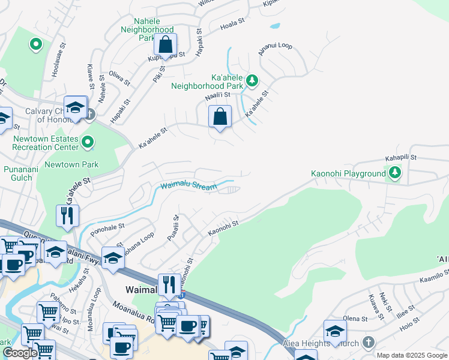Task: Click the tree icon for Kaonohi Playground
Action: (x=394, y=173)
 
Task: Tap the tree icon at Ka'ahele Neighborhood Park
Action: (x=253, y=80)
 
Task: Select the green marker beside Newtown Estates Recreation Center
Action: (x=88, y=142)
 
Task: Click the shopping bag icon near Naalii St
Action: (x=220, y=116)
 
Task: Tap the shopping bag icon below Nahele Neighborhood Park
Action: (x=165, y=44)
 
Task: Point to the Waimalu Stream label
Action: (x=188, y=187)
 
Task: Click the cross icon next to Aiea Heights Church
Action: (x=369, y=343)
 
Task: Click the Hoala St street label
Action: (x=233, y=22)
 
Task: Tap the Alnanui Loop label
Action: (x=275, y=49)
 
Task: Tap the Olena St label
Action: (x=355, y=318)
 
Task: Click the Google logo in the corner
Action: (x=20, y=353)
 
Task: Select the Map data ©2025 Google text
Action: (x=412, y=355)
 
